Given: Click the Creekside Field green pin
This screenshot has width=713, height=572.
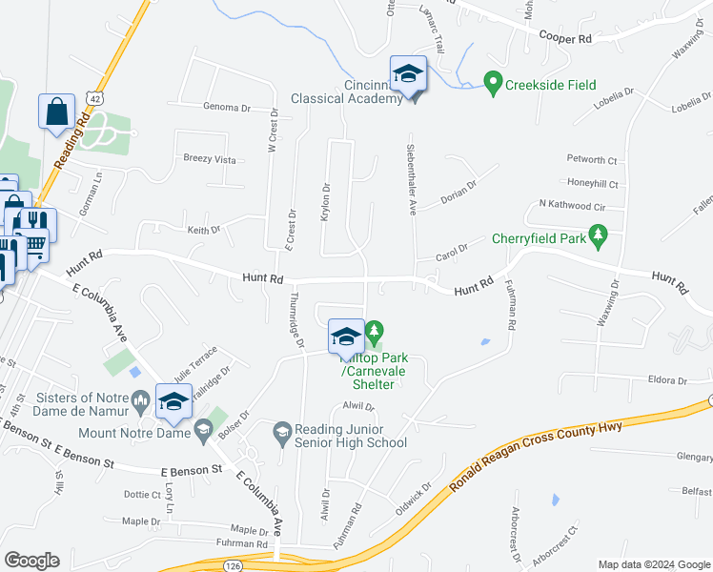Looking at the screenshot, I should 493,84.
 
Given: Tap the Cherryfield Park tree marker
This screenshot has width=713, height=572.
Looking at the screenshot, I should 598,236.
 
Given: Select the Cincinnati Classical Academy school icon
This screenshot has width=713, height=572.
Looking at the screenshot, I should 408,74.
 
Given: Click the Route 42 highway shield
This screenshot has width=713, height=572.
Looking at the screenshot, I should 92,97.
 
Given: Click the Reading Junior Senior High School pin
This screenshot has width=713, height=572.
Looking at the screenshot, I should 282,433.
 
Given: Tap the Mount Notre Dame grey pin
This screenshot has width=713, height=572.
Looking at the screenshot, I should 202,433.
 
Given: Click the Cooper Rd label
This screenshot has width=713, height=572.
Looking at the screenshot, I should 565,38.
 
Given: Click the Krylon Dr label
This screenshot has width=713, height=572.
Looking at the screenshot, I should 325,202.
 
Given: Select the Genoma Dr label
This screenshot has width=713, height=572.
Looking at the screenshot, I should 227,108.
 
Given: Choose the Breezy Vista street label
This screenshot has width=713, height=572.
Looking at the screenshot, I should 210,159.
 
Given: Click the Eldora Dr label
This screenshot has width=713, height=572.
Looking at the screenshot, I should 667,380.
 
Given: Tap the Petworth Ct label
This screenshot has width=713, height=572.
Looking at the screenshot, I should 592,160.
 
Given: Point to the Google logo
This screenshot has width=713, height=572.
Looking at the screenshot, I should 31,561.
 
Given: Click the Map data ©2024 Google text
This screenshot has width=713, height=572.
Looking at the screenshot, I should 653,564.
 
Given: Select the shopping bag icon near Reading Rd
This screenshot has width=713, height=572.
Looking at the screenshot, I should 56,111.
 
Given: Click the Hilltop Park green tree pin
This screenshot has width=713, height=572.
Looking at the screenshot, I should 375,333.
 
